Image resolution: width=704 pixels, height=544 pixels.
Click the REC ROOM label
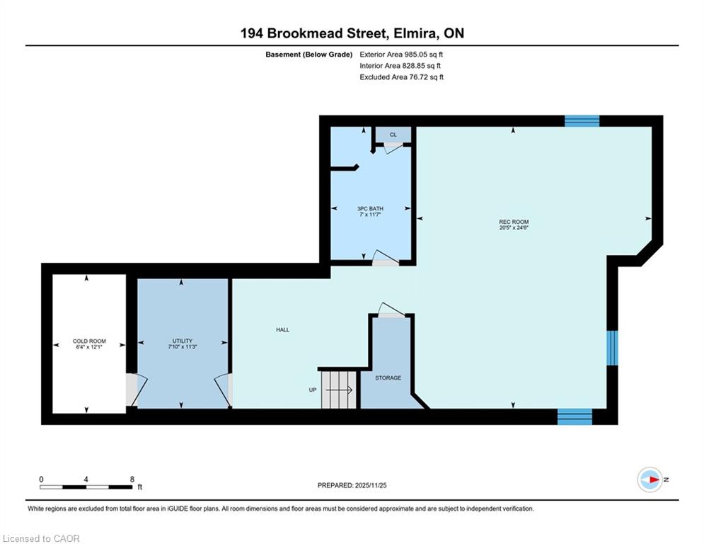click(514, 222)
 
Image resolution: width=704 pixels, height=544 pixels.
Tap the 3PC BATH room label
click(370, 209)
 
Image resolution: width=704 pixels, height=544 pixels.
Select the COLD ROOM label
click(89, 341)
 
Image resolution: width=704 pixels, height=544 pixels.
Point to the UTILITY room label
click(183, 341)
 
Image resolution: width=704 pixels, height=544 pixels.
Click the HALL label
click(283, 329)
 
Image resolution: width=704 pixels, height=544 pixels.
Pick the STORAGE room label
click(388, 378)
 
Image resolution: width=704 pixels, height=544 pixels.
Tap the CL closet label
click(393, 135)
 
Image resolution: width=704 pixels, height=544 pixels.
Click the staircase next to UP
click(339, 390)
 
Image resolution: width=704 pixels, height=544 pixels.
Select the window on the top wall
click(582, 121)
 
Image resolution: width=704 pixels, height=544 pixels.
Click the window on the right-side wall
click(613, 348)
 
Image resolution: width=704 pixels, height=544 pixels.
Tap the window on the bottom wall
click(575, 416)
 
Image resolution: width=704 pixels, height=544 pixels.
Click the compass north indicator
click(650, 480)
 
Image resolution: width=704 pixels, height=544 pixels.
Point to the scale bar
click(86, 487)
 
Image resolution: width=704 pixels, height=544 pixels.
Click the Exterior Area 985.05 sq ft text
click(401, 55)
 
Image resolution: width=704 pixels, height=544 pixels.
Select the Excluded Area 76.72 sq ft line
click(401, 77)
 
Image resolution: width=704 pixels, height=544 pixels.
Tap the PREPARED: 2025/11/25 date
click(352, 485)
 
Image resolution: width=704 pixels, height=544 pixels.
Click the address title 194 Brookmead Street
click(313, 33)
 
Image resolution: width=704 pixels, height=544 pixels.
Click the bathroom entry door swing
click(386, 257)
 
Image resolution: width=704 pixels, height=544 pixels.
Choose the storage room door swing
click(391, 310)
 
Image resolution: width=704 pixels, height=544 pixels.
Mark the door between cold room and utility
click(137, 390)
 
